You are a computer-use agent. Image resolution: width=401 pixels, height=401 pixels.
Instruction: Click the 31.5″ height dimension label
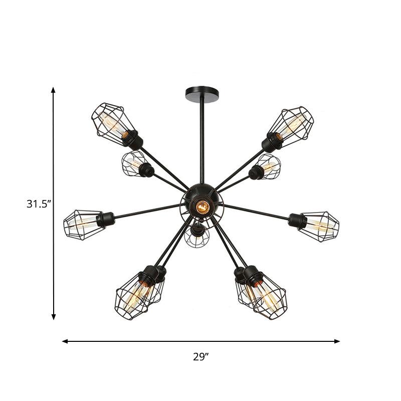tap(39, 204)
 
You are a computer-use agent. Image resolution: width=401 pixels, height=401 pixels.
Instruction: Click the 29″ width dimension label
tap(200, 357)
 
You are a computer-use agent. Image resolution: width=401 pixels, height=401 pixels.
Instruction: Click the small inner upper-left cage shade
tap(132, 163)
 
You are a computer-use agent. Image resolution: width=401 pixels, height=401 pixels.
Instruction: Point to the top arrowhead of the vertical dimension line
tap(53, 90)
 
